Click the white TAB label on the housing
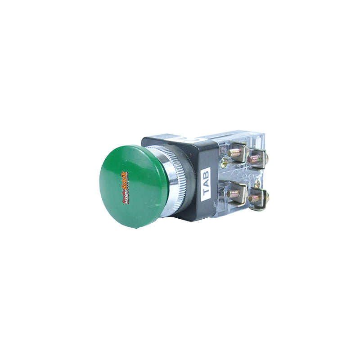click(x=206, y=183)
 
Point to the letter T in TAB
click(x=207, y=193)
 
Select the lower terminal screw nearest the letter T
click(x=235, y=193)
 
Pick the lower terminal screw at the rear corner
click(x=257, y=197)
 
